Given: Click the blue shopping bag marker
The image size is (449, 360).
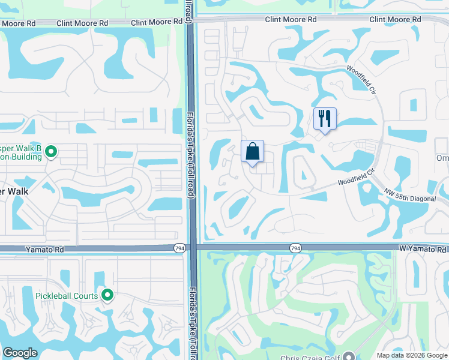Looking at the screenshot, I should (253, 151).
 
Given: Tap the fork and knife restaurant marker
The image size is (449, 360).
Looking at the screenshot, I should (325, 118).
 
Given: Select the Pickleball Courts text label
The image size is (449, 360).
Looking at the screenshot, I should (66, 295).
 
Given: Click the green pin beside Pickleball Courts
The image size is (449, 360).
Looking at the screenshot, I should (107, 295).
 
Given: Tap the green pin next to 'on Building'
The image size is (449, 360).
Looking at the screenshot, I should (51, 152).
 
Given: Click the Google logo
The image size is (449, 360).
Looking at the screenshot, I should (20, 353).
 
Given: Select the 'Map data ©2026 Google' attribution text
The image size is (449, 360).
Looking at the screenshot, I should (411, 355).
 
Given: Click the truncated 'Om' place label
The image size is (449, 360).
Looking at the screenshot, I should (442, 158).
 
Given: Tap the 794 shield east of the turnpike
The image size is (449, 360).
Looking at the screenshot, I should (295, 248).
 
